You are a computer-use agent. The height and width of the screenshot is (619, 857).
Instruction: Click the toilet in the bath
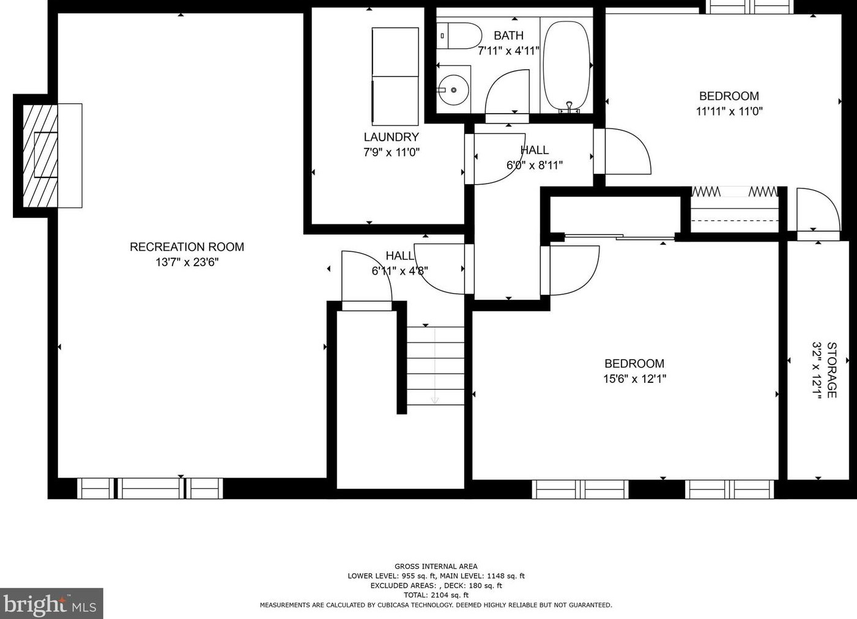click(459, 36)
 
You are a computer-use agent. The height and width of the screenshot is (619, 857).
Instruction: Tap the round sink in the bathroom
click(453, 90)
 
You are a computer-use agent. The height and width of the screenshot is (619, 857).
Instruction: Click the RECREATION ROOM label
click(187, 246)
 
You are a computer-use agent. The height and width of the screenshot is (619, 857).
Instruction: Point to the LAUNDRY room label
click(391, 137)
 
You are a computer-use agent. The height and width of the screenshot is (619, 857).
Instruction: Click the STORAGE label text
click(832, 370)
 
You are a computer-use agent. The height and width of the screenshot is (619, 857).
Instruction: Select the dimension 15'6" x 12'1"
click(635, 379)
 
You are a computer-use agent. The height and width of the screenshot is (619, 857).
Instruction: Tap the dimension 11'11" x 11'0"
click(729, 112)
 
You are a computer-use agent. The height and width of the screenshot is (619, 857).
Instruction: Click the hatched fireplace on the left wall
click(40, 156)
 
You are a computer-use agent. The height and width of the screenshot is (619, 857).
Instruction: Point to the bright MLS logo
click(51, 603)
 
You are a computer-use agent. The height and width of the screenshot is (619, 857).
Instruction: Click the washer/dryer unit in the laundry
click(395, 76)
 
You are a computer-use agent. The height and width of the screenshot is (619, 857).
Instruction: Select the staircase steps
click(436, 366)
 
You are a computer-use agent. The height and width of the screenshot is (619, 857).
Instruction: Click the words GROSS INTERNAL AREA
click(436, 566)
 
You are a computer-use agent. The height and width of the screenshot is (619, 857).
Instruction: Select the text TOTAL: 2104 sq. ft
click(436, 595)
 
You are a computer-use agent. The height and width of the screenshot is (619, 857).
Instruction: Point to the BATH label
click(508, 35)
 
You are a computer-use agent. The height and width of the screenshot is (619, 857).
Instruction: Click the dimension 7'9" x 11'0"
click(391, 153)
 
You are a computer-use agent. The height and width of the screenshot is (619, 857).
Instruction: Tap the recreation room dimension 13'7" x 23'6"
click(187, 262)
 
